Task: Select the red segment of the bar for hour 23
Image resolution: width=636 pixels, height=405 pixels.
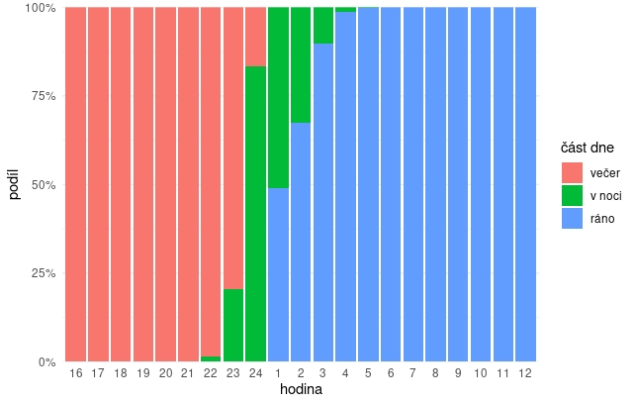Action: coord(233,149)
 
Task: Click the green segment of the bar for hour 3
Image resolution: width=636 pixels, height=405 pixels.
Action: coord(323,26)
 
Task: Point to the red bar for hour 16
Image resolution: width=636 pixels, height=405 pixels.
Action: coord(76,184)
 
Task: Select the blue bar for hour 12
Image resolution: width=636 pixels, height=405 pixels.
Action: coord(526,184)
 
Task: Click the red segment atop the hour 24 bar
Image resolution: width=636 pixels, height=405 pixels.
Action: coord(255,37)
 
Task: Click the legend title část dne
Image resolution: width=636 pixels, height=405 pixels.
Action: coord(588,148)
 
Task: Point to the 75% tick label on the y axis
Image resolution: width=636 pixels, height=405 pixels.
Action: coord(41,96)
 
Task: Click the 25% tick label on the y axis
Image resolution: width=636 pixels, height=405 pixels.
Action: coord(41,273)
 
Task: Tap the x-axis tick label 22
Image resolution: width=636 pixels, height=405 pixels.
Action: coord(211,373)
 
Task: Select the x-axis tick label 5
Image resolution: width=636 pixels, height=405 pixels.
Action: coord(368,373)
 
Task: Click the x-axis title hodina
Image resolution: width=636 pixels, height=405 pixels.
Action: coord(301,391)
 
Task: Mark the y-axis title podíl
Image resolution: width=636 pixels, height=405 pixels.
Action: coord(14,184)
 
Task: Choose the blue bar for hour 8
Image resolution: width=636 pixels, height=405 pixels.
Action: coord(436,184)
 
